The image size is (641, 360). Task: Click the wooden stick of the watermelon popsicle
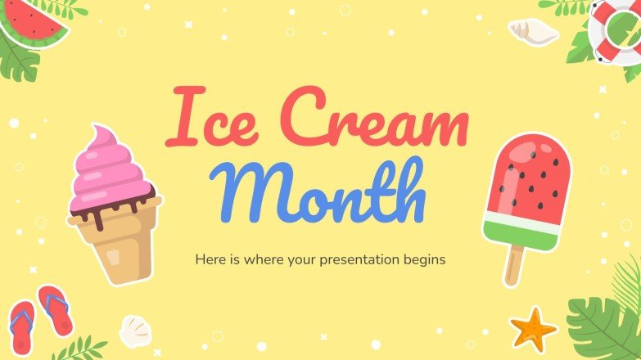(x=513, y=263)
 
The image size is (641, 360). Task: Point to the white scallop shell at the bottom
(x=135, y=331)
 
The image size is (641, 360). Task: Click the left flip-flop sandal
(x=21, y=323)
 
